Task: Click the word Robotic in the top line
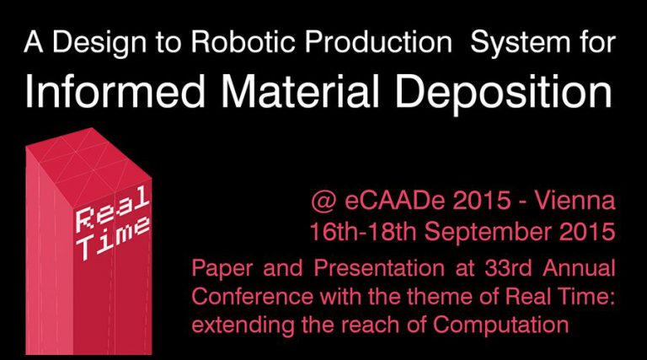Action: [x=243, y=42]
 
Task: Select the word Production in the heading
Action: [x=379, y=42]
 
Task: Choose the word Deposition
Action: [x=504, y=94]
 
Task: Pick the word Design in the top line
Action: [x=99, y=43]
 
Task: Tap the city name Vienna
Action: [x=575, y=200]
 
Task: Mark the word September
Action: [x=488, y=232]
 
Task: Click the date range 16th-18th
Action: [x=363, y=232]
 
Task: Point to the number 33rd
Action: [x=508, y=268]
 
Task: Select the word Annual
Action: [x=579, y=268]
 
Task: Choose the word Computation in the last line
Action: [x=501, y=325]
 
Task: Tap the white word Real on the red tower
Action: [x=112, y=208]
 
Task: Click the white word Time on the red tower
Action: [x=114, y=239]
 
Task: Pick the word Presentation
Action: [x=379, y=268]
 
